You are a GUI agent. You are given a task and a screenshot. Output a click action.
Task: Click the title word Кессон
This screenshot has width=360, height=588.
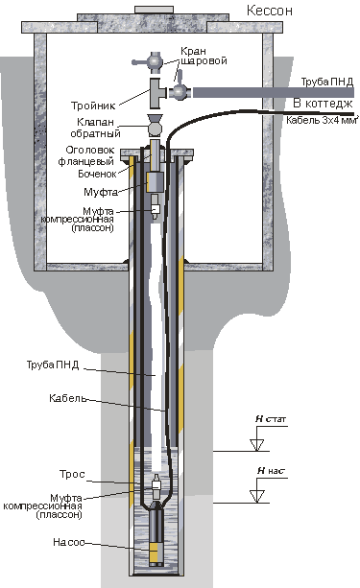pyautogui.click(x=269, y=11)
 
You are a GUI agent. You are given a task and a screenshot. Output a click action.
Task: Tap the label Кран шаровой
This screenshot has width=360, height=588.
pyautogui.click(x=204, y=56)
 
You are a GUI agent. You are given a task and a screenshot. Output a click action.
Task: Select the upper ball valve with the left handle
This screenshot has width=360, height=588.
pyautogui.click(x=150, y=60)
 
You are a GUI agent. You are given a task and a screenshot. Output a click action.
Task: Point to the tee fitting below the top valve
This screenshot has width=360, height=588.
pyautogui.click(x=157, y=93)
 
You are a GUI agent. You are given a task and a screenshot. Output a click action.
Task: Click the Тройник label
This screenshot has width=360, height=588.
pyautogui.click(x=93, y=106)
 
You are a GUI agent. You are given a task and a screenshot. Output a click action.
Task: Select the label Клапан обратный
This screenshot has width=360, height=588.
pyautogui.click(x=95, y=128)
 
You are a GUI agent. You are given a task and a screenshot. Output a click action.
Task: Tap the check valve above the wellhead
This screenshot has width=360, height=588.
pyautogui.click(x=155, y=126)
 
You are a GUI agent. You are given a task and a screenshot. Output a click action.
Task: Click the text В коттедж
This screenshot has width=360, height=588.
pyautogui.click(x=323, y=104)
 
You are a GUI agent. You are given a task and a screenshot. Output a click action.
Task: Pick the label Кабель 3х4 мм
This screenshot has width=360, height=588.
pyautogui.click(x=321, y=120)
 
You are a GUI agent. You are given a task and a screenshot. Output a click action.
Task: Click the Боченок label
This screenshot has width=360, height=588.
pyautogui.click(x=97, y=174)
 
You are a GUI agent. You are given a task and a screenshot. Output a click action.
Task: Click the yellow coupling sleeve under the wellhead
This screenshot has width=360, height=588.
pyautogui.click(x=153, y=182)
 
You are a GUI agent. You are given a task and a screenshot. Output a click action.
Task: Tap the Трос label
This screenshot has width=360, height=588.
pyautogui.click(x=72, y=475)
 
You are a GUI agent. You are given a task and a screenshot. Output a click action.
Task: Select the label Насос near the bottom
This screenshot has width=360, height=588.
pyautogui.click(x=69, y=542)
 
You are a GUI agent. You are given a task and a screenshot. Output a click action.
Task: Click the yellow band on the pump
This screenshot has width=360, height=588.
pyautogui.click(x=154, y=551)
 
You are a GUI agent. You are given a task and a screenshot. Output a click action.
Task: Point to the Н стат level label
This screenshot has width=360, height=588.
pyautogui.click(x=271, y=419)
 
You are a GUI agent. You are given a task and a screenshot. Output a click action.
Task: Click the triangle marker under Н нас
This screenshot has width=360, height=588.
pyautogui.click(x=257, y=496)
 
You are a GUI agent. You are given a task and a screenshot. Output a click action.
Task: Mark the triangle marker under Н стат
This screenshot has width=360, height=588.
pyautogui.click(x=257, y=445)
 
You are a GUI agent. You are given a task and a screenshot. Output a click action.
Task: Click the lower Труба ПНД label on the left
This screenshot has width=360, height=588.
pyautogui.click(x=53, y=365)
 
